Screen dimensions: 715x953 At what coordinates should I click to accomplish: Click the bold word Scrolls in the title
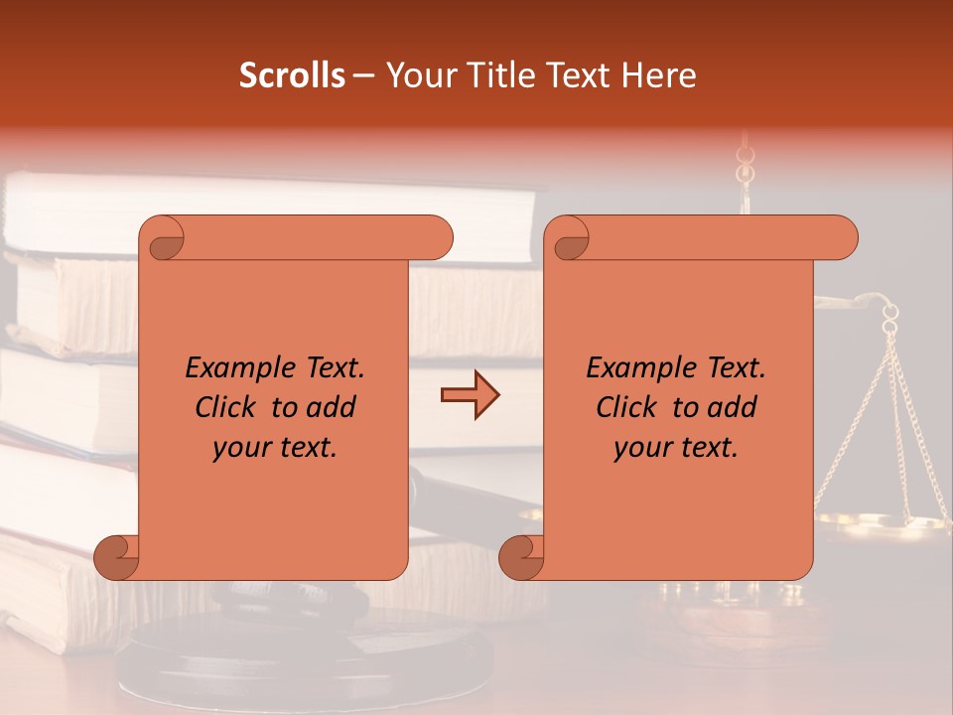(x=291, y=75)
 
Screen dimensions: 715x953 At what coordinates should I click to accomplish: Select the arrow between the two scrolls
(x=470, y=395)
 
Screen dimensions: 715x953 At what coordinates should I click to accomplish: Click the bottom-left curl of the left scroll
(x=117, y=557)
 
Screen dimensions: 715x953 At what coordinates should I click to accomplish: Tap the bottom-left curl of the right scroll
(x=522, y=557)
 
